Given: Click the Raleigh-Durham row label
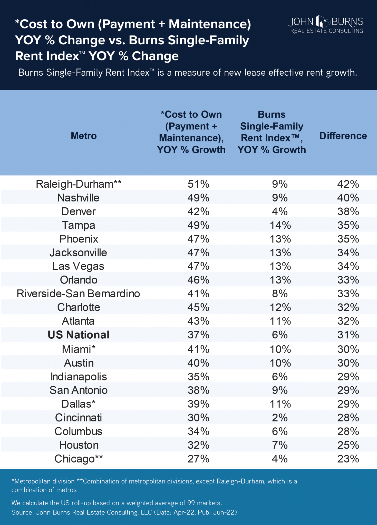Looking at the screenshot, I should (79, 184).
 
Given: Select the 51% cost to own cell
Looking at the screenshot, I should (198, 184).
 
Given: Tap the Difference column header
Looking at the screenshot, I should (343, 136).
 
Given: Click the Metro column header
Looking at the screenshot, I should (84, 136).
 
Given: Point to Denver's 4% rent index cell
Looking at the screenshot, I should (280, 211).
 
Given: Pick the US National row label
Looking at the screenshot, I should (79, 335).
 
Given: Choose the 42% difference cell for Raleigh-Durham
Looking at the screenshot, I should (348, 184).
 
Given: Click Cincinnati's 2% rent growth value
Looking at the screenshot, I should (280, 418).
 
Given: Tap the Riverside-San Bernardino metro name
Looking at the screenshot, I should (78, 294).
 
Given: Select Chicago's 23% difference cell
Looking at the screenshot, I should (348, 459).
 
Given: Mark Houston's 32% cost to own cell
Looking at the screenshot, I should (198, 445).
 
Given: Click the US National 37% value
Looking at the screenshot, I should (198, 335).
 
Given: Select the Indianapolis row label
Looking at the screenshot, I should (79, 377).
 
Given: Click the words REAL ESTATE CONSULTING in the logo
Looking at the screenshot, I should (326, 31).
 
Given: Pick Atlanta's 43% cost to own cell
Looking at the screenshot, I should (198, 321).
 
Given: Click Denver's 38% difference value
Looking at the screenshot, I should (348, 211).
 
